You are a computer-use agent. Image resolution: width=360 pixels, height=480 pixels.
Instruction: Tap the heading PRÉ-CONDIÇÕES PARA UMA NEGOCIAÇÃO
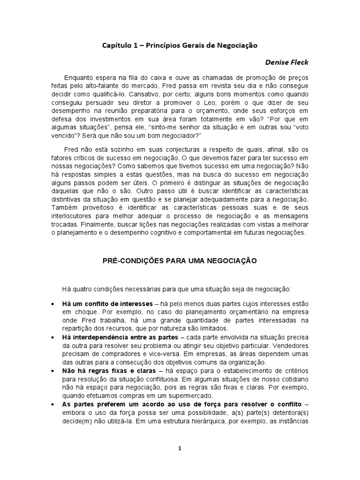click(x=180, y=261)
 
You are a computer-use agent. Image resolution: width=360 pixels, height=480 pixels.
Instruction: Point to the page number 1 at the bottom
click(x=180, y=448)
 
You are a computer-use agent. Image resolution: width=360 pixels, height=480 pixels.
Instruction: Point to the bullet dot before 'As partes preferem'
click(x=52, y=404)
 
